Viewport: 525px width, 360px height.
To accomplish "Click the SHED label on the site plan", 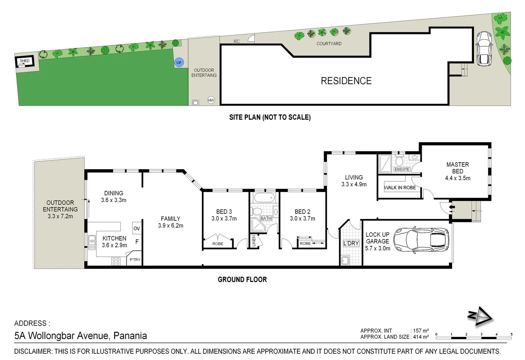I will point(25,61).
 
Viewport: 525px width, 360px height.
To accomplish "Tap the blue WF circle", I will point(179,63).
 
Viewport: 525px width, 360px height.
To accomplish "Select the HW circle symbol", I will point(211,100).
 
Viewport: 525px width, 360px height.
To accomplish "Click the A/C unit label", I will point(236,41).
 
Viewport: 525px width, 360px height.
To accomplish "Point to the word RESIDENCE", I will point(346,81).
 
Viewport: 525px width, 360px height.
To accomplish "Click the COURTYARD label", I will point(329,44).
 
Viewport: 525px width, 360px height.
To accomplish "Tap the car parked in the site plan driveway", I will point(484,49).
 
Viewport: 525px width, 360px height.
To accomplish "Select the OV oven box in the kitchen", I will point(137,228).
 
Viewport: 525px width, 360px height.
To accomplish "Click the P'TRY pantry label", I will point(135,260).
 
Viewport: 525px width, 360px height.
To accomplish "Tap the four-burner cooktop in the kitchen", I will point(116,261).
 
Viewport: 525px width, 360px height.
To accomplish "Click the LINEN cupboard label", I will point(254,241).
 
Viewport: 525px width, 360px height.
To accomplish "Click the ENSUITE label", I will point(402,169).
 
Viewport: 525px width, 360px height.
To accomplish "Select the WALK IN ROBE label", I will point(400,188).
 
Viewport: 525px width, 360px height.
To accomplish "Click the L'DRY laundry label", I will point(351,243).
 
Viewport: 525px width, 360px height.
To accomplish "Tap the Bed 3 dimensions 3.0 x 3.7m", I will point(224,219).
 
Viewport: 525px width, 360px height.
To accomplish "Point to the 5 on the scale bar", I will point(511,334).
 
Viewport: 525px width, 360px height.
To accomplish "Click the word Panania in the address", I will point(130,336).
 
